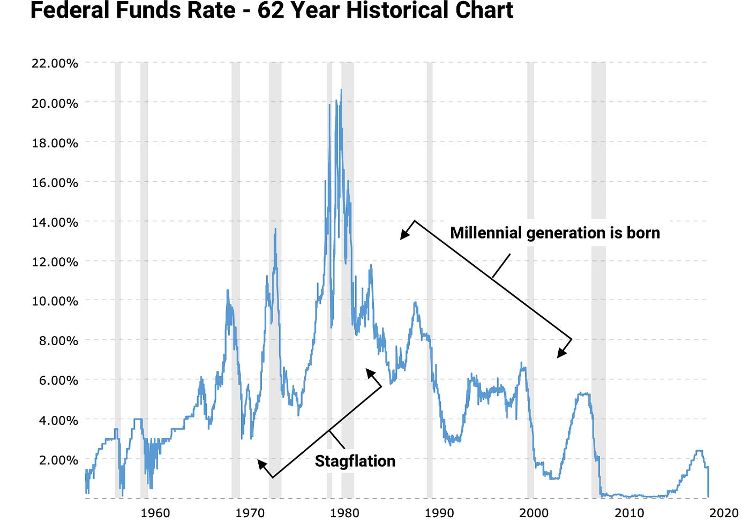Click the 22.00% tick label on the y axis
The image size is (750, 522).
[x=55, y=63]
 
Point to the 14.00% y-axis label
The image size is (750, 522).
[x=55, y=222]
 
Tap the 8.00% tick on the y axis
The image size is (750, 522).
[x=58, y=341]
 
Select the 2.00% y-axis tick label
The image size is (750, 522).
[x=58, y=460]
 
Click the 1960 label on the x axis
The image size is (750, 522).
[x=155, y=513]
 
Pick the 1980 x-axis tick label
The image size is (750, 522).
[x=344, y=513]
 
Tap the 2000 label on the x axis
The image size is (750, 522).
[x=534, y=513]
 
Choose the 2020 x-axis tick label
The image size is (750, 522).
[x=723, y=513]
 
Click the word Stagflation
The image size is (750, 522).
[x=355, y=461]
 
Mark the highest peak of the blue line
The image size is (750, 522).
[x=341, y=90]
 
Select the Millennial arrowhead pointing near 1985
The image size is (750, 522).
[x=403, y=236]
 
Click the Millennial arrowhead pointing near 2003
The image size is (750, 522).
[x=560, y=354]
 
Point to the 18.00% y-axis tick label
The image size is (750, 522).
[x=55, y=143]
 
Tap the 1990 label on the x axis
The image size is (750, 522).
[x=439, y=513]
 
